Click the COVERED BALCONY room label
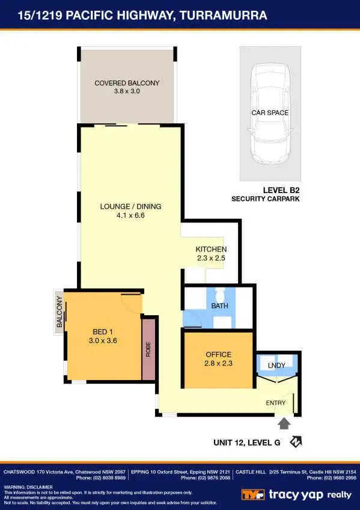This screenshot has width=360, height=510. point(127,83)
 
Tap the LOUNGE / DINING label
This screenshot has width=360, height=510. point(130,206)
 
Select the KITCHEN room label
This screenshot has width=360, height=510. point(211,249)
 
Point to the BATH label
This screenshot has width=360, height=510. point(219,306)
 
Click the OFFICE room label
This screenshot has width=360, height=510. point(218,355)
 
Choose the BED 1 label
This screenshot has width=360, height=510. point(103,332)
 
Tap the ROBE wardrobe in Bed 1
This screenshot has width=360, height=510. point(148,349)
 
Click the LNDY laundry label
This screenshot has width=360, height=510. point(276,365)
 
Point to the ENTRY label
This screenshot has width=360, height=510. point(276,404)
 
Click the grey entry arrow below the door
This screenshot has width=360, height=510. point(284,423)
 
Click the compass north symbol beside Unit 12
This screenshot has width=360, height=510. point(296,443)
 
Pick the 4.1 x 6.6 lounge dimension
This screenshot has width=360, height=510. point(130,215)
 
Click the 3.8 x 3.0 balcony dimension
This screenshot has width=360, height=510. point(127,91)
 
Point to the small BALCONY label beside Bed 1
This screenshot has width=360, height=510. point(59,312)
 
